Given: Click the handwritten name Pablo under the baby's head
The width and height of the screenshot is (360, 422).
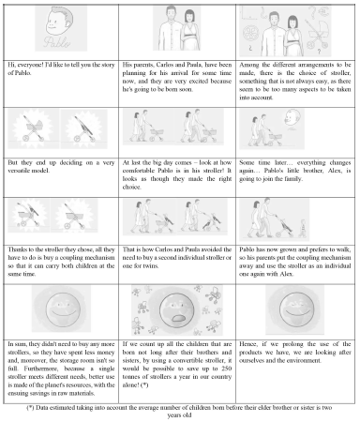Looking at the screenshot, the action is point(57,41).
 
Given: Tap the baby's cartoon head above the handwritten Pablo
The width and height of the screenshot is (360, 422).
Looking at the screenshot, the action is point(60,21).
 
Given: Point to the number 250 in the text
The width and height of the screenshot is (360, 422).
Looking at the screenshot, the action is point(226,369).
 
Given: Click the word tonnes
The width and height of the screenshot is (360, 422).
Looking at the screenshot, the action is point(130,377).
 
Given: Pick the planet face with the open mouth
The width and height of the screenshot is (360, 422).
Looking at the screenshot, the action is point(177,310).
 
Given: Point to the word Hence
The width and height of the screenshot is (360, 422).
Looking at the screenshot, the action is point(248,344).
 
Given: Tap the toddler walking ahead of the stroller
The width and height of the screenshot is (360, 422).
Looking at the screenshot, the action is point(302,228).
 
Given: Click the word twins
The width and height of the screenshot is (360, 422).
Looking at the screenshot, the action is point(151,266).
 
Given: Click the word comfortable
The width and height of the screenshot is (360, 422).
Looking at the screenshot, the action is point(139,171).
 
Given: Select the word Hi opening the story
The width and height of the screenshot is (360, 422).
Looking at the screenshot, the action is point(11,65).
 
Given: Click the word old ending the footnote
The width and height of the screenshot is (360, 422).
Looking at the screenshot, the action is point(187,415).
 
